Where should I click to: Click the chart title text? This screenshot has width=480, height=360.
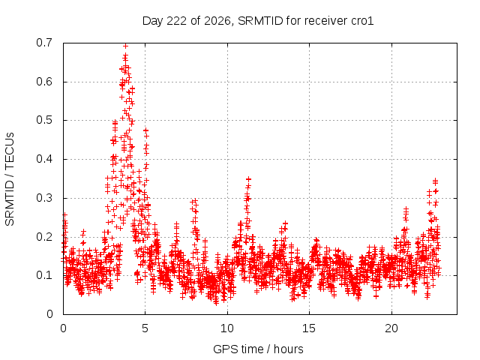[258, 21]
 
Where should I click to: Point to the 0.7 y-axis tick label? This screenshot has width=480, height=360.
[44, 43]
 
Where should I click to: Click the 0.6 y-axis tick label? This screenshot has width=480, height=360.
[44, 82]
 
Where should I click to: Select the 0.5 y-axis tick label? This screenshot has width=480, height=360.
[44, 120]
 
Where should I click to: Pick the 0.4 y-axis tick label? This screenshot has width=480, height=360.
[44, 159]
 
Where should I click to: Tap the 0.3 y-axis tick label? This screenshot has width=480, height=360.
[44, 198]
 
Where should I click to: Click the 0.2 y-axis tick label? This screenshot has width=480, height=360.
[44, 237]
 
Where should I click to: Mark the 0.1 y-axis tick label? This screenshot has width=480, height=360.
[44, 275]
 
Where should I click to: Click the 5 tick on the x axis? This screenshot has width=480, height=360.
[145, 328]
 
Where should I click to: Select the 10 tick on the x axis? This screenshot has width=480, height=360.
[227, 328]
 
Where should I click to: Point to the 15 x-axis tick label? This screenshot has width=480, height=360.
[309, 328]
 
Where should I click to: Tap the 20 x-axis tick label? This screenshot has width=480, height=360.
[391, 328]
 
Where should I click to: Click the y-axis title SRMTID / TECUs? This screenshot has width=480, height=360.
[10, 179]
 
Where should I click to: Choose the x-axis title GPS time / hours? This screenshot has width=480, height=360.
[258, 349]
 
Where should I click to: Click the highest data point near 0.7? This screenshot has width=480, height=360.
[125, 46]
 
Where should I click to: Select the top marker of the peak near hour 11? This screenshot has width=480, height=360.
[249, 178]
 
